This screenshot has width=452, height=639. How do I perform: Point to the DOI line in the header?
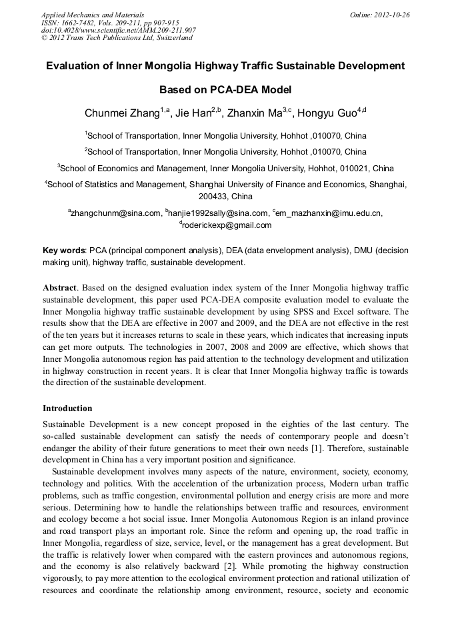[x=118, y=30]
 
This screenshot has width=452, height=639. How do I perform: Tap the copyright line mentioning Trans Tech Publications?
[x=116, y=38]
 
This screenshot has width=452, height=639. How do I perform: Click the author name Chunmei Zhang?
[x=121, y=113]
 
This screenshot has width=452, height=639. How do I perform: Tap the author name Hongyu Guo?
[x=327, y=113]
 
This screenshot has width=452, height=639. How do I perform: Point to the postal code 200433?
[x=213, y=197]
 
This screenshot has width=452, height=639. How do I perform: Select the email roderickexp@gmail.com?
[x=227, y=225]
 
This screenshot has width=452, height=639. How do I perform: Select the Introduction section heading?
[x=67, y=408]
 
